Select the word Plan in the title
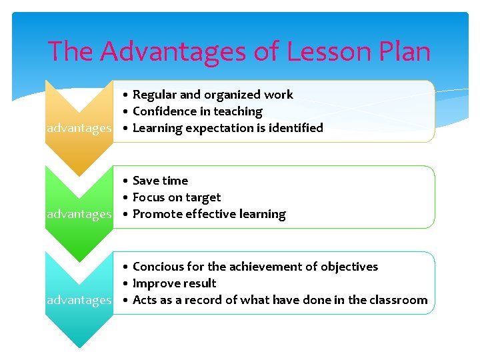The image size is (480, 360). coord(403,52)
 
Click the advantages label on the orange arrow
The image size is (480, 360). coord(79,128)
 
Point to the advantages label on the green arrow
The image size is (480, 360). coord(79,214)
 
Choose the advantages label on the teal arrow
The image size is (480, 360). coord(79,300)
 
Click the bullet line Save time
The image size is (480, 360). coord(160,181)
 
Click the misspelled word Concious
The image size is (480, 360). coord(158,267)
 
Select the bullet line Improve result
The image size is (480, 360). coord(174,283)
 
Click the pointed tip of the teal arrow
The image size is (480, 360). coord(79,346)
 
